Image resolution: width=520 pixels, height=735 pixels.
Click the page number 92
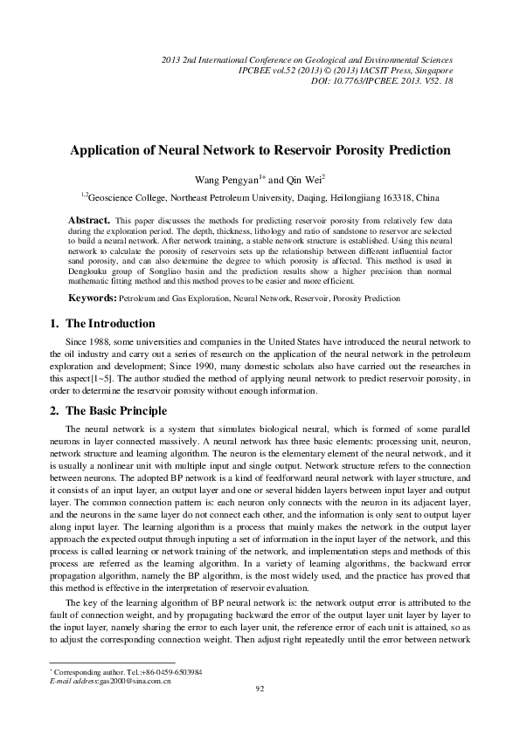[x=260, y=713]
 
